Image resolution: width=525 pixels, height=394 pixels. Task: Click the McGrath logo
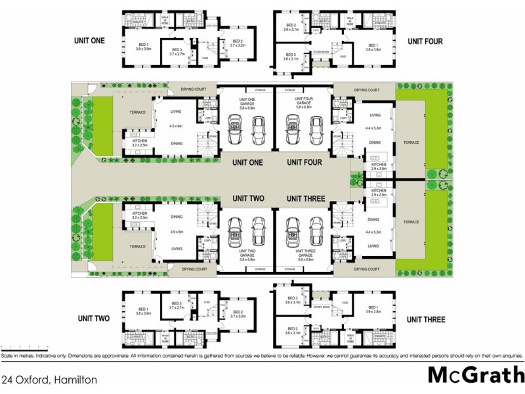tap(475, 375)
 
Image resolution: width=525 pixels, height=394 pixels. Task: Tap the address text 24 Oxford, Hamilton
tap(50, 380)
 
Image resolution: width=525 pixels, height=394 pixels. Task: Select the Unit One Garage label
tap(246, 103)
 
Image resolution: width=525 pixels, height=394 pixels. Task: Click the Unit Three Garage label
tap(303, 254)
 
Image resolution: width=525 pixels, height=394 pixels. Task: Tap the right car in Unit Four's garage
tap(316, 125)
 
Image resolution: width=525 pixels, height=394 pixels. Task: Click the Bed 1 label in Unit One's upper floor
tap(143, 46)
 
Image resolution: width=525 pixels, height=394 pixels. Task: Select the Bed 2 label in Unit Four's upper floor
tap(291, 27)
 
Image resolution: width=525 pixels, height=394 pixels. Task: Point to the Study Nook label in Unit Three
tap(322, 307)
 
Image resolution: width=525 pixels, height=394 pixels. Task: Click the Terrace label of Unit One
tap(138, 112)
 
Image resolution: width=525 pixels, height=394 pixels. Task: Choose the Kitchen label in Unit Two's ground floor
tap(139, 215)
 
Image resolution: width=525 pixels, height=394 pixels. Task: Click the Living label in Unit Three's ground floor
tap(373, 246)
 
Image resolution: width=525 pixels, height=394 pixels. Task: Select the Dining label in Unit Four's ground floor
tap(374, 142)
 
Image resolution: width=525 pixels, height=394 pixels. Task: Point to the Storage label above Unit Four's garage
tap(289, 89)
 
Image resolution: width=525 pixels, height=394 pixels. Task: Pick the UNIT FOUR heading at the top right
tap(425, 41)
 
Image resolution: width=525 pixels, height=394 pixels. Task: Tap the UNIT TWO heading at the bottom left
tap(92, 319)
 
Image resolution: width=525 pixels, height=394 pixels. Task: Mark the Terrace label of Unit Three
tap(411, 222)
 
